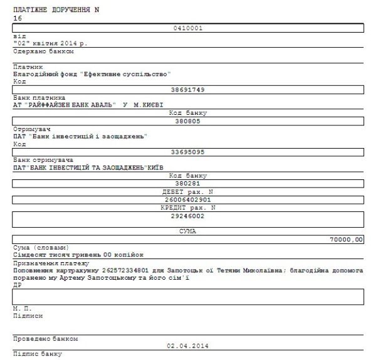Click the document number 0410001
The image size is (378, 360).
188,28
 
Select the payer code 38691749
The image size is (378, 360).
188,90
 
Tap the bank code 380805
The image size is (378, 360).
188,120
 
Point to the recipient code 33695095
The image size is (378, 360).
188,151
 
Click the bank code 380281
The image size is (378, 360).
188,183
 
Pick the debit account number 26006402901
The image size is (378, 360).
188,199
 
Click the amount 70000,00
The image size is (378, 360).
345,239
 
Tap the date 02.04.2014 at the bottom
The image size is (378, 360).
188,346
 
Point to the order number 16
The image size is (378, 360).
17,19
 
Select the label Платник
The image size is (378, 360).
28,66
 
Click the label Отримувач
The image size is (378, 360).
29,129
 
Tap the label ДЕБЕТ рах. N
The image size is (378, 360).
188,191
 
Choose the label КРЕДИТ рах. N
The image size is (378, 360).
188,207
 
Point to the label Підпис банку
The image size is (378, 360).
38,354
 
